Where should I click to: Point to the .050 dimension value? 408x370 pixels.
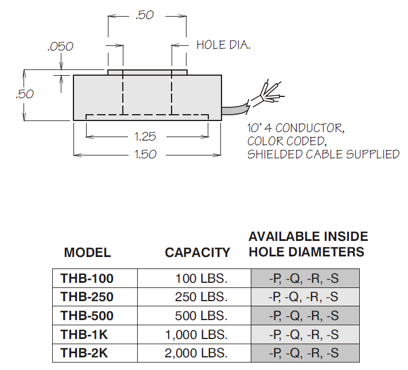tap(60, 46)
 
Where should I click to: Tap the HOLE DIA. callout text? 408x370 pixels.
tap(223, 45)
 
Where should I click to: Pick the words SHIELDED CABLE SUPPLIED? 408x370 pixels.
tap(323, 154)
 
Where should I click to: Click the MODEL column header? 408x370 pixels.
tap(87, 252)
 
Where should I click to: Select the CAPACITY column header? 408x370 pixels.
tap(197, 252)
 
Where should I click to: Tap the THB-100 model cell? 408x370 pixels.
tap(87, 279)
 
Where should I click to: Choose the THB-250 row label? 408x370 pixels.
tap(87, 297)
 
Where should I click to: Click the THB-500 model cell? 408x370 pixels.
tap(87, 316)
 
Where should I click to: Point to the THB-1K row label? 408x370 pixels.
tap(84, 334)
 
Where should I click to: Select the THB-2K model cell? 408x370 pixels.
tap(84, 353)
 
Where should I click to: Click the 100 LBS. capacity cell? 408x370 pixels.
tap(201, 279)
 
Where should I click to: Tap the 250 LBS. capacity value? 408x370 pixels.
tap(201, 297)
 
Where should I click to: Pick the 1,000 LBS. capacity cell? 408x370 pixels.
tap(196, 334)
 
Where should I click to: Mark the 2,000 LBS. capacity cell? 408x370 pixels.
tap(196, 353)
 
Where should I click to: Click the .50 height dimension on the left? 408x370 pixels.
tap(25, 94)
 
